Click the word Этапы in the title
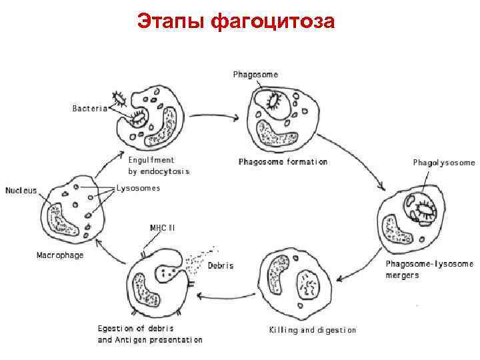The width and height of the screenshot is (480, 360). tap(171, 21)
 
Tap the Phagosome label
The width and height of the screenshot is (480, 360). tap(255, 74)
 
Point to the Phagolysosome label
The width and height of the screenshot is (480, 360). tap(444, 162)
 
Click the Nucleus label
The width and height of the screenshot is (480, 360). tap(21, 190)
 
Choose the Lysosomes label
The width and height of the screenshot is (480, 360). tap(138, 188)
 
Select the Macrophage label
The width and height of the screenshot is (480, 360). tap(59, 255)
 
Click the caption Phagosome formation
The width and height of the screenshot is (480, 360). tap(283, 161)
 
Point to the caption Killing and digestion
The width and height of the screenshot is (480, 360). tap(312, 329)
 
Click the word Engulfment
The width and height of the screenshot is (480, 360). tap(151, 160)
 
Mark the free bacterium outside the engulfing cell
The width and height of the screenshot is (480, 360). tap(121, 99)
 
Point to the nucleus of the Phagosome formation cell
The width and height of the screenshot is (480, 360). tap(277, 133)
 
